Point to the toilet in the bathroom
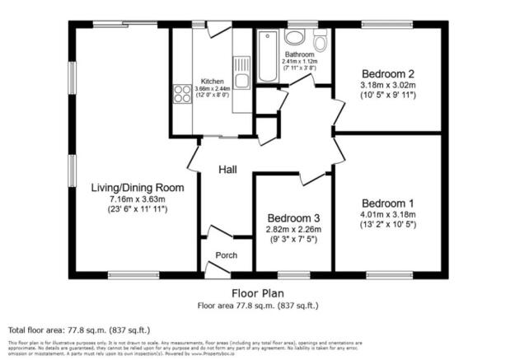(x=321, y=41)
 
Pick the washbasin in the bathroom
(x=295, y=38)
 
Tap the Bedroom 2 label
(x=382, y=72)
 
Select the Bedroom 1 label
(x=388, y=203)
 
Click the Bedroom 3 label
(x=293, y=217)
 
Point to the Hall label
(x=228, y=169)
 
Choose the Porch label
(x=227, y=255)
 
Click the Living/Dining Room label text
(x=137, y=187)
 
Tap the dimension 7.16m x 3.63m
(x=137, y=199)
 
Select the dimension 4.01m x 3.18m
(x=388, y=215)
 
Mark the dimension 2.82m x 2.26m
(x=293, y=229)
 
